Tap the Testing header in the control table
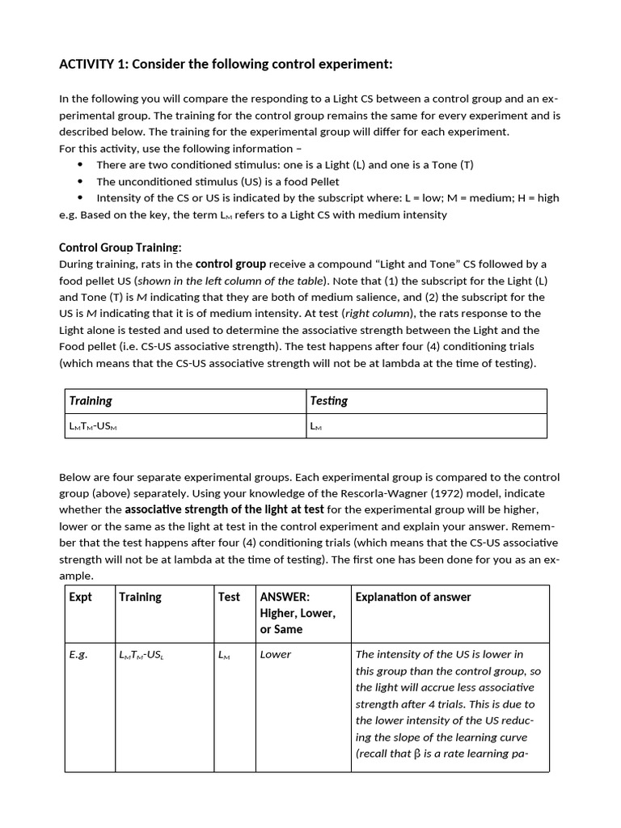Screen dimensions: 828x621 [329, 401]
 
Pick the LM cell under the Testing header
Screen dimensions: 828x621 [316, 426]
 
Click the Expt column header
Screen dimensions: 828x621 [81, 597]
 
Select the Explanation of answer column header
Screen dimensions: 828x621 [412, 597]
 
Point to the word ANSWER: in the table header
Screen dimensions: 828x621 [285, 597]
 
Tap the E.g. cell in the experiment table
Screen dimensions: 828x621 [78, 654]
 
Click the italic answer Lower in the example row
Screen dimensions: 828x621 [275, 654]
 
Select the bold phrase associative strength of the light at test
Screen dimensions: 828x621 [224, 509]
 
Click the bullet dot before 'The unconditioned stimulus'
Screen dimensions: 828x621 [80, 181]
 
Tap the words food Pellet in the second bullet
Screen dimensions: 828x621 [310, 181]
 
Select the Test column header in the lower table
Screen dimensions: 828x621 [229, 597]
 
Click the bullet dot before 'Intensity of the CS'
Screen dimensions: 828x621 [80, 198]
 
